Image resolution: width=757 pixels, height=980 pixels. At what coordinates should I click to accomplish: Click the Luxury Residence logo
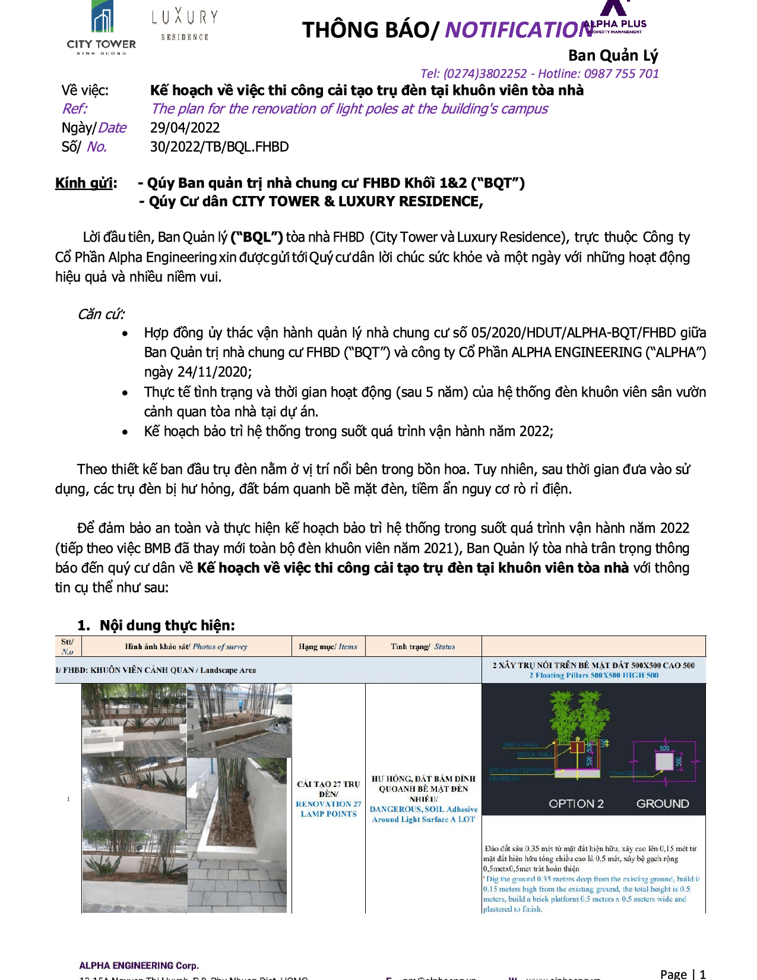coord(185,24)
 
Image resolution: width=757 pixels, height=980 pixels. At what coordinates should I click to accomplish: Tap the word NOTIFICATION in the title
coord(518,30)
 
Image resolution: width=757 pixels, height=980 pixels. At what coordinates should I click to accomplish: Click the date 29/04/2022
coord(185,128)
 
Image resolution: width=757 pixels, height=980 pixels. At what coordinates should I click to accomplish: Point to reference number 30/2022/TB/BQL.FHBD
coord(219,147)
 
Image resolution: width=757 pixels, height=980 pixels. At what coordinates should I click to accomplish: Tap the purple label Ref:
coord(74,109)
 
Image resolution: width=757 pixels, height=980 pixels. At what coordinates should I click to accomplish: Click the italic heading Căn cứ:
coord(101,314)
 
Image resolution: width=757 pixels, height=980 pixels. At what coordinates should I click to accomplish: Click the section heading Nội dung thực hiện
coord(167,625)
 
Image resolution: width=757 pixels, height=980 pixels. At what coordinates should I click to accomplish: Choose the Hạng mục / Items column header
coord(328,647)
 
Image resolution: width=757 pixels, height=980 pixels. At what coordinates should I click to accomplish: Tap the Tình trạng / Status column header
coord(423,647)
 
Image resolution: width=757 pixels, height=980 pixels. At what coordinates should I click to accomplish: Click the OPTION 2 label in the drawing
coord(576,804)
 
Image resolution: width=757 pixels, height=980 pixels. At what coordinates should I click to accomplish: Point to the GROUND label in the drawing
coord(663,804)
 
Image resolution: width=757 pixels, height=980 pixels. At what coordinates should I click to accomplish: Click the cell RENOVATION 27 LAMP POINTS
coord(328,808)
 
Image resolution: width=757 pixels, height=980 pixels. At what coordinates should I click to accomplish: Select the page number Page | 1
coord(683,973)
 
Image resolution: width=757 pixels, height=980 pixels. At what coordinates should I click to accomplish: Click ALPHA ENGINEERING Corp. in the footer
coord(139,965)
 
